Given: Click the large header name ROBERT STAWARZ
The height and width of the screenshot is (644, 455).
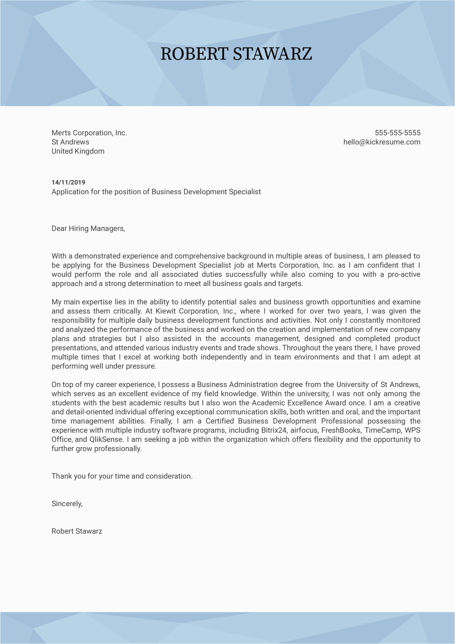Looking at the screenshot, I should [x=236, y=54].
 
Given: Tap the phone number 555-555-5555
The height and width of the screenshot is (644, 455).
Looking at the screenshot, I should [x=397, y=133].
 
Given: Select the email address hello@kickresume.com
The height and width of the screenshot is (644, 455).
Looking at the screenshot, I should [x=382, y=142].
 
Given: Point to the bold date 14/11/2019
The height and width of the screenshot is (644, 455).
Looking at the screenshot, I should [x=68, y=182].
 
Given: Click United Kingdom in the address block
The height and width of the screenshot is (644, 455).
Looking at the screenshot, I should [x=78, y=151].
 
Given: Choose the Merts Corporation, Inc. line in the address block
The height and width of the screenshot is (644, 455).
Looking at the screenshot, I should [x=89, y=133].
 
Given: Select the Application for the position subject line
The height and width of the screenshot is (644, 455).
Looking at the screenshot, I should [x=156, y=192].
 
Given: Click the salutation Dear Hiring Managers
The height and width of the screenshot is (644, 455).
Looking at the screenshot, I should [x=88, y=229].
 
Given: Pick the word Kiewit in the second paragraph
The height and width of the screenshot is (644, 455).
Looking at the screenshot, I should [x=166, y=311].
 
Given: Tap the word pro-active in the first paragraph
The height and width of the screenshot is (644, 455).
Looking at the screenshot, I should [x=404, y=274].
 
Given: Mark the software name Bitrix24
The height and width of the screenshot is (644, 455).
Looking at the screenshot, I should [x=274, y=430].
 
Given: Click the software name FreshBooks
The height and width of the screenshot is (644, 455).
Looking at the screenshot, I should [x=341, y=430].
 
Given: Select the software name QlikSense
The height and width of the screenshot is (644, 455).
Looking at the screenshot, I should [x=106, y=440].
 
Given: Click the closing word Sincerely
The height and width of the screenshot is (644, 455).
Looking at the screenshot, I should [x=67, y=504].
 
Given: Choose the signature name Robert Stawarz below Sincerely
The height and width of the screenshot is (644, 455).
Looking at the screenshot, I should [x=77, y=531].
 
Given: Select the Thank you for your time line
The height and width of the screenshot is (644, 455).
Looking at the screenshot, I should [x=122, y=476].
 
